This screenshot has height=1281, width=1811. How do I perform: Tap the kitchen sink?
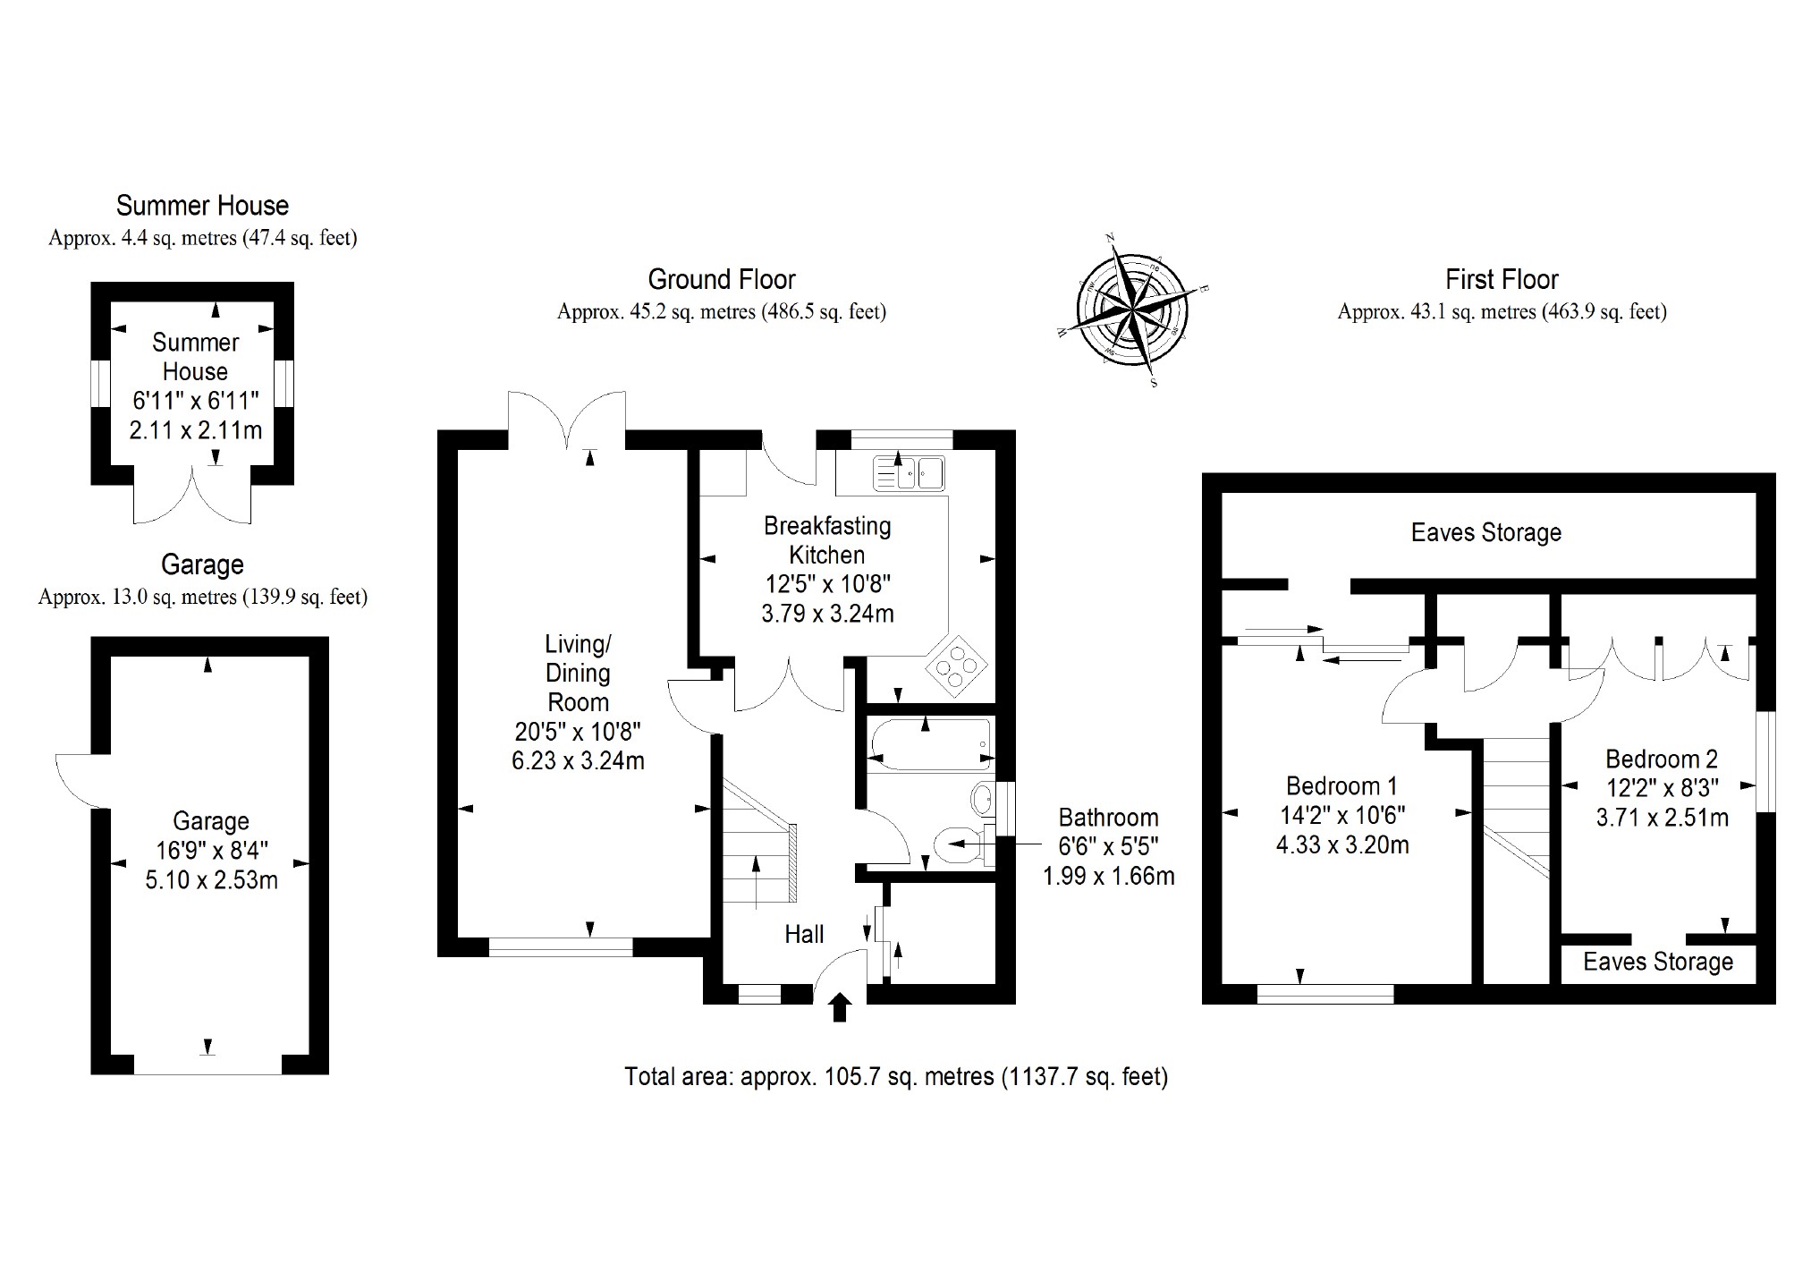pos(910,473)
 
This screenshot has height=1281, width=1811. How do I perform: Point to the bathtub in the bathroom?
pos(930,744)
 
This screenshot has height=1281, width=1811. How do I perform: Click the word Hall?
pos(804,935)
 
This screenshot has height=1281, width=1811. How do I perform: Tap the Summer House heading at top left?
pos(202,206)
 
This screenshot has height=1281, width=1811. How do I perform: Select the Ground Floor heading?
pos(721,280)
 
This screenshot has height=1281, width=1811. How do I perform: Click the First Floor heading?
pos(1502,280)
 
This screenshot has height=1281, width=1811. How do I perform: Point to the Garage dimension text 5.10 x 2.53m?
pos(211,880)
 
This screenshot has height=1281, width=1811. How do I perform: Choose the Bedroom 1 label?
pos(1341,786)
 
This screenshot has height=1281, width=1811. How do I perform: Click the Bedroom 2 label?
pos(1662,759)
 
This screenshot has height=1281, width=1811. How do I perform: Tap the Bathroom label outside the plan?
pos(1108,818)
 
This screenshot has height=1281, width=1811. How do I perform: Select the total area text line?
pos(896,1076)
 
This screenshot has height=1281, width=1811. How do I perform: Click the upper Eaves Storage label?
pos(1485,533)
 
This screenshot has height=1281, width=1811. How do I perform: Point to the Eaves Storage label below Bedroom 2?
pos(1657,962)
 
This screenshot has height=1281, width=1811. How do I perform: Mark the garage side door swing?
pos(77,778)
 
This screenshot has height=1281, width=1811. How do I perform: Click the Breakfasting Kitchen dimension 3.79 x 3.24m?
pos(827,614)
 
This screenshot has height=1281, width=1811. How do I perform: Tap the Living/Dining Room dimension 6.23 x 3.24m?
pos(578,760)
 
